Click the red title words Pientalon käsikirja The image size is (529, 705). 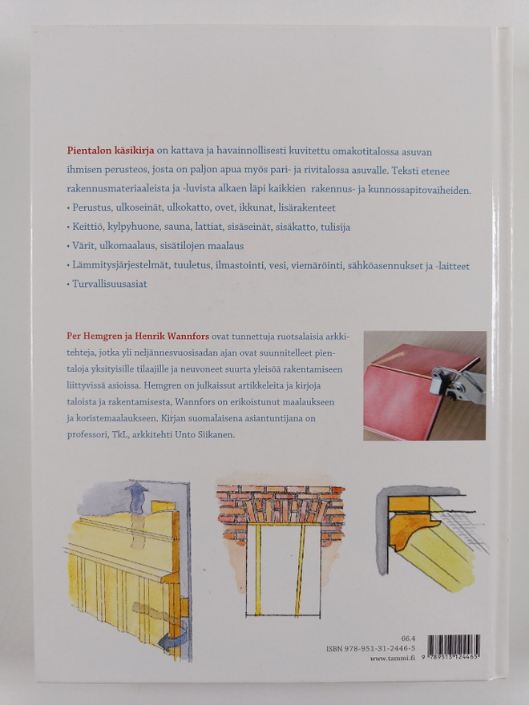click(111, 151)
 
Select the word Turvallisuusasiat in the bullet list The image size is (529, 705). click(110, 284)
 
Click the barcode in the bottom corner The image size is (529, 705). click(454, 646)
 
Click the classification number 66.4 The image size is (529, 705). click(408, 639)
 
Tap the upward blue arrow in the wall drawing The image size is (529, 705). click(136, 498)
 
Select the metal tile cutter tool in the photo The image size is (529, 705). click(457, 381)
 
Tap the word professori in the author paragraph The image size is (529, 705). click(85, 436)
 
